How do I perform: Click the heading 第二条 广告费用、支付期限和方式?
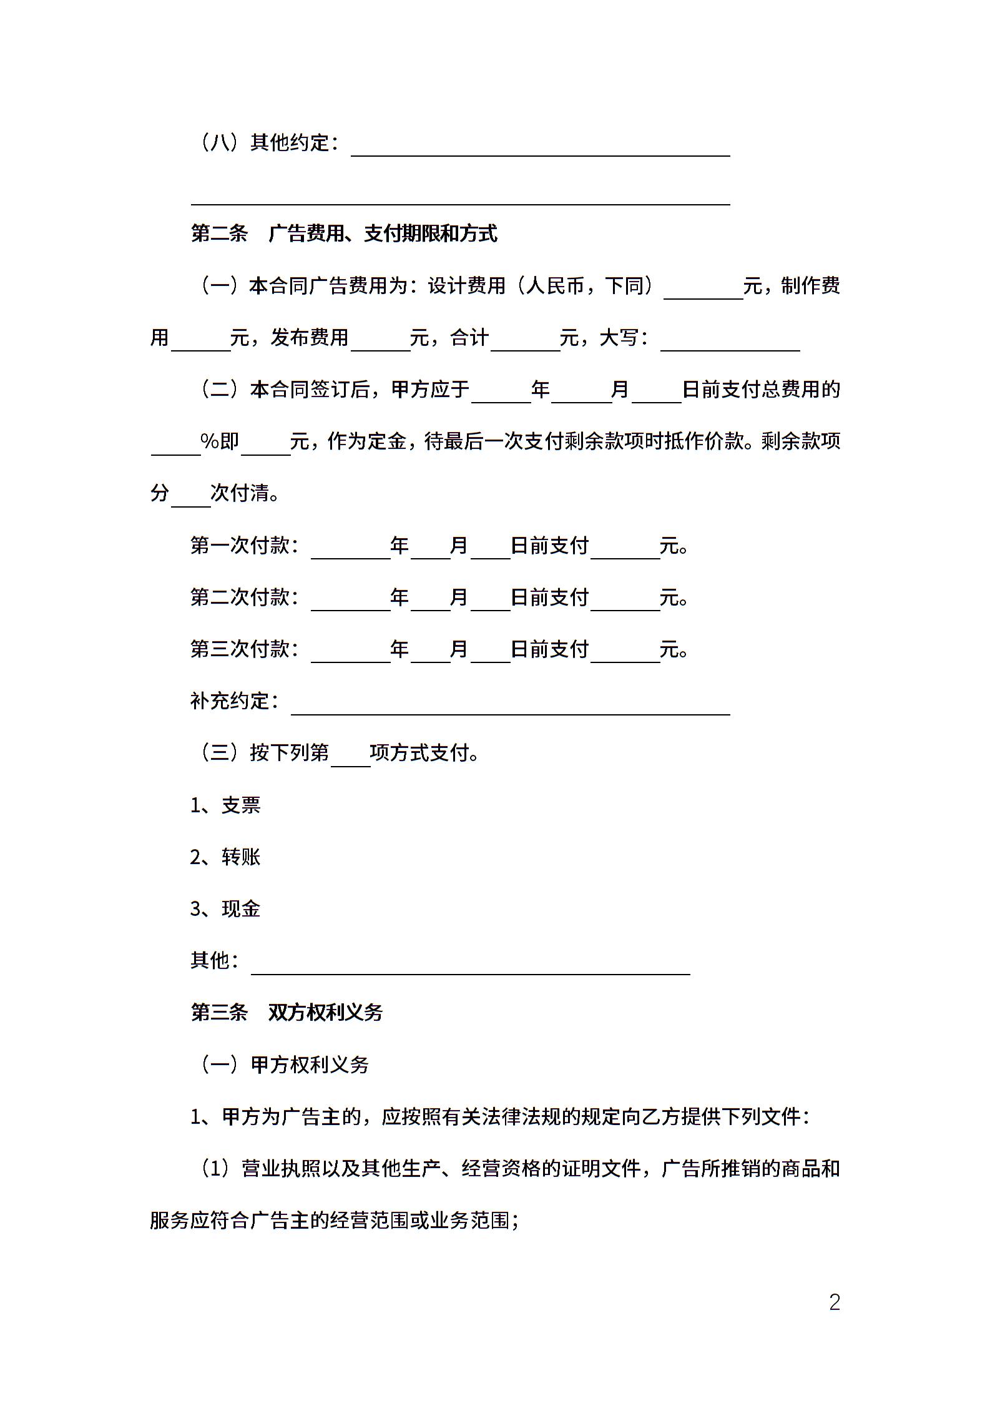(x=344, y=234)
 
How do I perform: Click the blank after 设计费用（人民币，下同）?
(x=703, y=292)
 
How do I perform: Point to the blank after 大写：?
(x=730, y=344)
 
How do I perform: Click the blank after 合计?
(x=525, y=344)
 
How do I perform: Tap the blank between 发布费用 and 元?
(x=380, y=344)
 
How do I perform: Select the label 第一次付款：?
(x=245, y=546)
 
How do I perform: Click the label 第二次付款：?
(x=245, y=597)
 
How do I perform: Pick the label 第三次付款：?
(x=245, y=649)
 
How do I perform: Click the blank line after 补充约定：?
(x=510, y=707)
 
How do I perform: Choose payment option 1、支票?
(x=225, y=805)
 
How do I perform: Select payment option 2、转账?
(x=225, y=857)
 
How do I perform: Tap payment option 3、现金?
(x=225, y=909)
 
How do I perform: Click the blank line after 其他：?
(x=470, y=966)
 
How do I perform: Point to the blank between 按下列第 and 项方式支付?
(x=350, y=759)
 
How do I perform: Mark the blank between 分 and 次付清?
(x=190, y=499)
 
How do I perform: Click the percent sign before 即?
(x=209, y=441)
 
